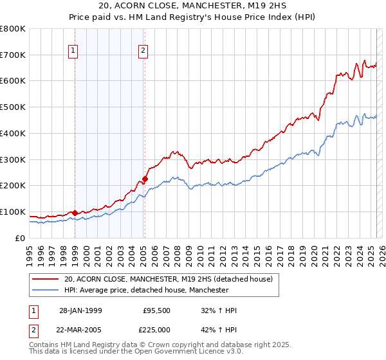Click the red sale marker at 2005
(145, 179)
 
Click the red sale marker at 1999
(75, 213)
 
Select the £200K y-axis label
(14, 185)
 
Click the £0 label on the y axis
(20, 238)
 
